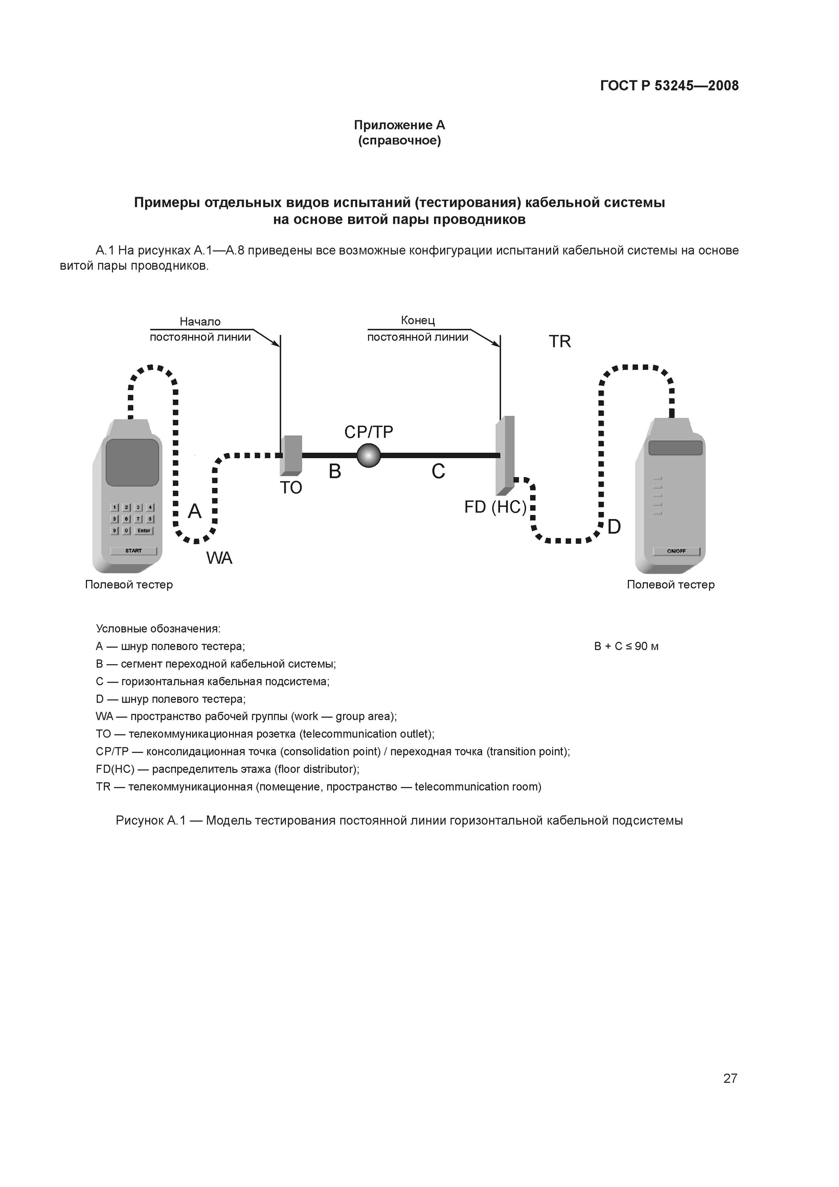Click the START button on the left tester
pyautogui.click(x=133, y=551)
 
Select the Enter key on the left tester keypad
pyautogui.click(x=144, y=531)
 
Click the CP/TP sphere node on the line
pyautogui.click(x=369, y=455)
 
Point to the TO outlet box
pyautogui.click(x=291, y=455)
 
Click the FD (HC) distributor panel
pyautogui.click(x=504, y=455)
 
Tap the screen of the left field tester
pyautogui.click(x=133, y=462)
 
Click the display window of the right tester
pyautogui.click(x=676, y=448)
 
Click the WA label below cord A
pyautogui.click(x=219, y=558)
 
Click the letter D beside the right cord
pyautogui.click(x=614, y=527)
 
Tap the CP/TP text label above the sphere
pyautogui.click(x=369, y=432)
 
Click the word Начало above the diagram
pyautogui.click(x=200, y=322)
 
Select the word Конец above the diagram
pyautogui.click(x=418, y=320)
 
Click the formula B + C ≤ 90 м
pyautogui.click(x=626, y=646)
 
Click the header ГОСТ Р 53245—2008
pyautogui.click(x=669, y=86)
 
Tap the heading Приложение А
pyautogui.click(x=399, y=125)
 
